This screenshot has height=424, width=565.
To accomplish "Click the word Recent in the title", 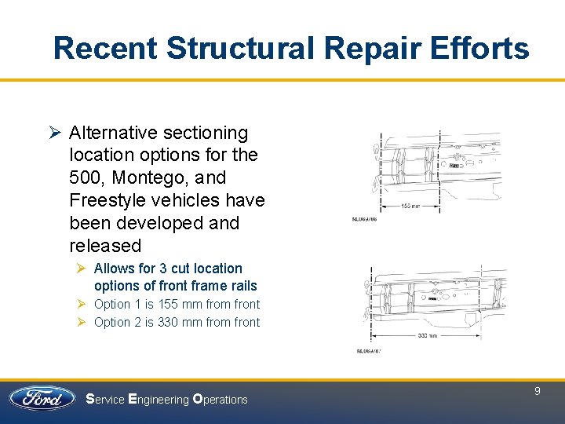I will (x=105, y=49).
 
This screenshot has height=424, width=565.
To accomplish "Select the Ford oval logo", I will (x=42, y=398).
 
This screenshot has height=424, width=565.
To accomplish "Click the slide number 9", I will (x=538, y=390).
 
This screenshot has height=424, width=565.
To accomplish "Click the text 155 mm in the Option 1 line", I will (x=180, y=305).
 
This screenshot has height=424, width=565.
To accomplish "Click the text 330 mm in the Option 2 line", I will (x=180, y=323).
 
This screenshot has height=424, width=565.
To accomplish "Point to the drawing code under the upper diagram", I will (x=366, y=220).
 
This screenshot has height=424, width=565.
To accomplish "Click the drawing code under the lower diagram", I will (x=369, y=351).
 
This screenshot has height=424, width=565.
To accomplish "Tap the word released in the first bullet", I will (x=105, y=246).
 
